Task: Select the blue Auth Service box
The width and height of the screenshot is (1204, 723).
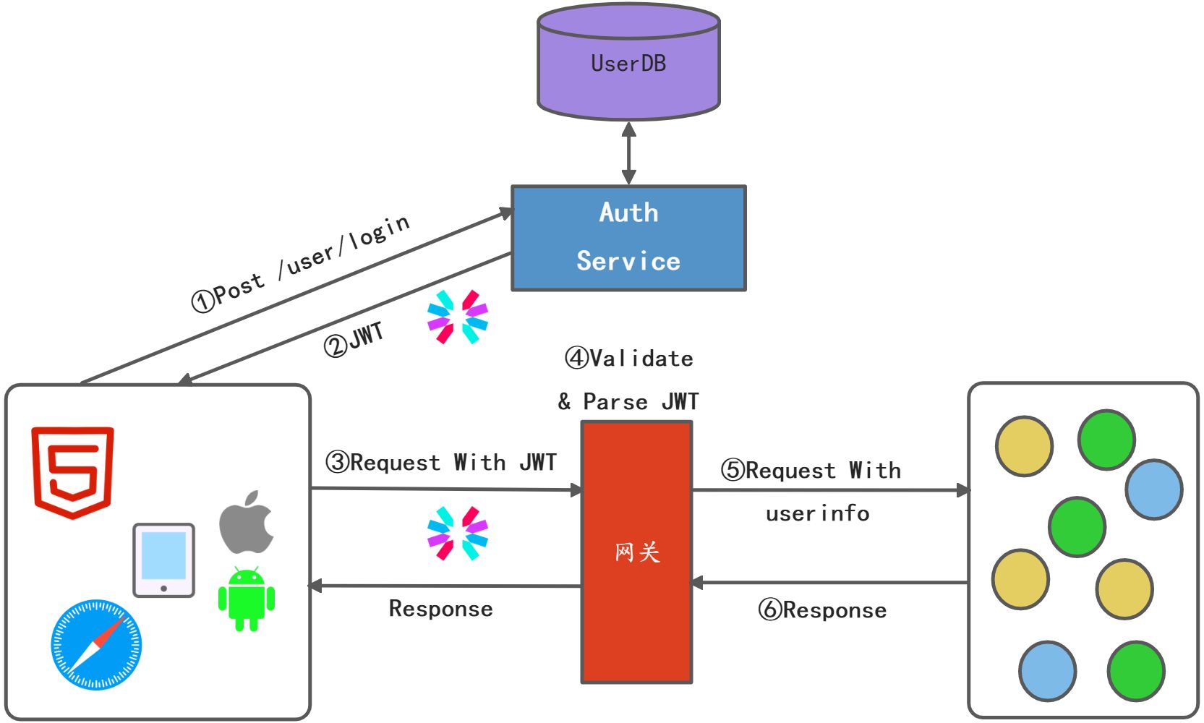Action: click(628, 238)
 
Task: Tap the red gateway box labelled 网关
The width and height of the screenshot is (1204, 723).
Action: click(636, 552)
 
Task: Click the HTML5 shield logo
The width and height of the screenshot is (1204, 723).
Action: click(72, 471)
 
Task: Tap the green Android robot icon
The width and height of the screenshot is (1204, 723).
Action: click(247, 599)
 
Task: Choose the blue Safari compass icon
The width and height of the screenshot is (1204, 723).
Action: click(96, 644)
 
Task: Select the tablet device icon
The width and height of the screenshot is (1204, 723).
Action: click(164, 560)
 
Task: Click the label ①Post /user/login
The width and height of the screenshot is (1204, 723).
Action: click(300, 264)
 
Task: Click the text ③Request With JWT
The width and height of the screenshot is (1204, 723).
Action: click(441, 462)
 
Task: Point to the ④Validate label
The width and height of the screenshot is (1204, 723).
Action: click(629, 358)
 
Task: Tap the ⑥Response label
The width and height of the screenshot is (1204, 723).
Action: click(822, 610)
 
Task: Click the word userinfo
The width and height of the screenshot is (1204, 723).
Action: click(818, 513)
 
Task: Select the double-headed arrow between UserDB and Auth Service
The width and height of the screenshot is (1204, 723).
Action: click(628, 153)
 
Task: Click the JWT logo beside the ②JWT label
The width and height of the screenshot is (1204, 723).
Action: click(458, 317)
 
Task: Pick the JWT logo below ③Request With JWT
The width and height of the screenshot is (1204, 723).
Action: click(458, 534)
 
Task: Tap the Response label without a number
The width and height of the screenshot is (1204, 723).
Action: click(441, 609)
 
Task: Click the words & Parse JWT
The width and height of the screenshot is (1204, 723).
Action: click(628, 401)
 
